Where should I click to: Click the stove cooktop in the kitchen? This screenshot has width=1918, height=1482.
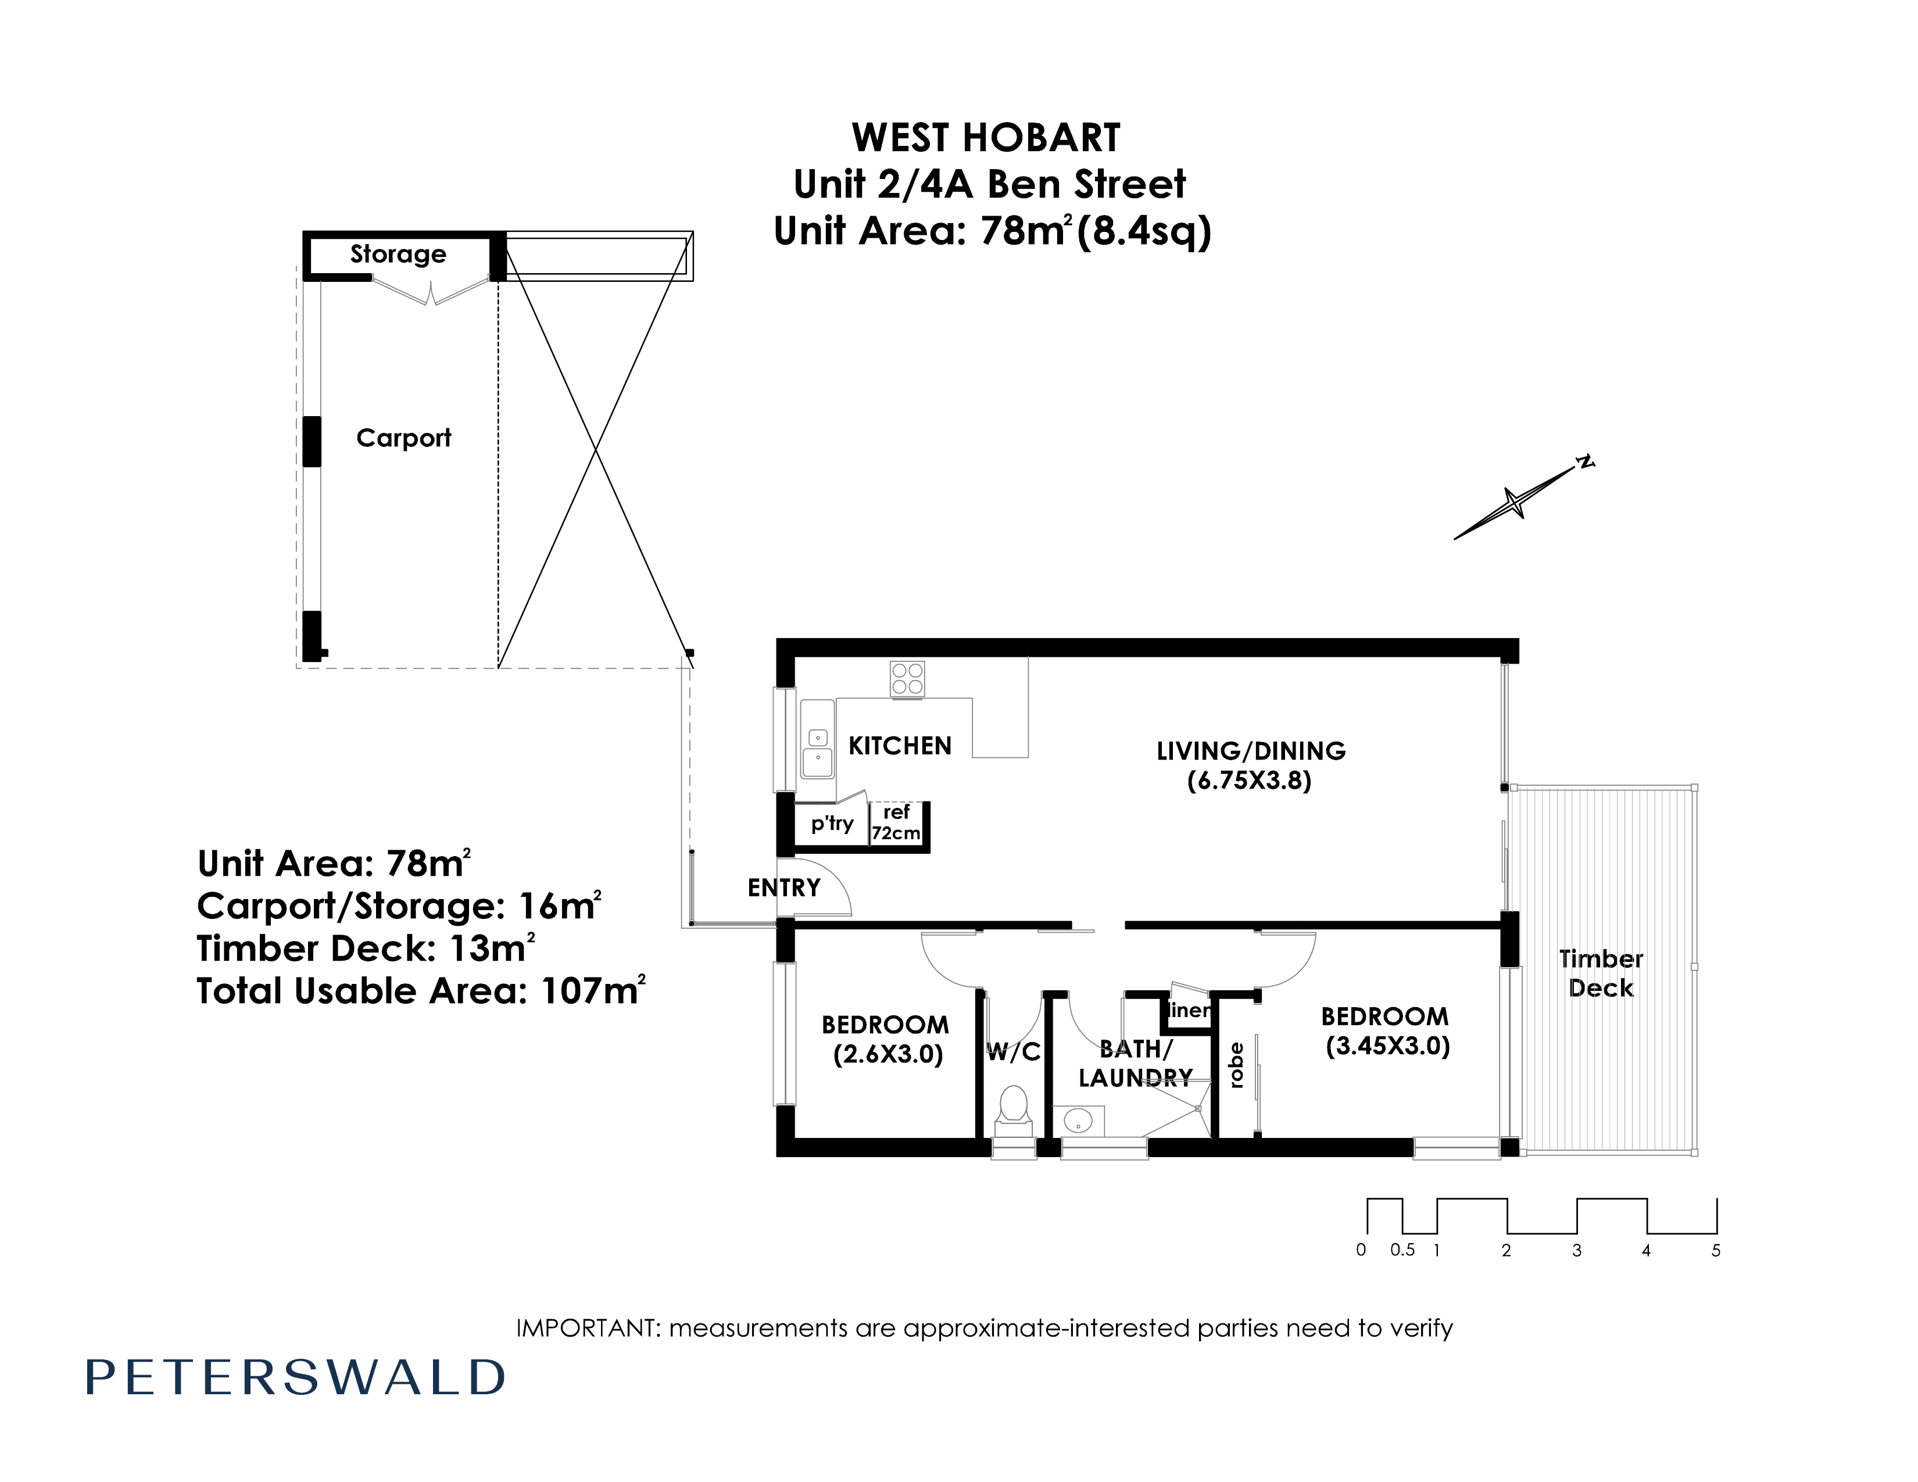click(907, 679)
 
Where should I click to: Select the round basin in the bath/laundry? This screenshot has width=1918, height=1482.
click(1078, 1121)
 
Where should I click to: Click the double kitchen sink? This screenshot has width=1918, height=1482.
click(818, 739)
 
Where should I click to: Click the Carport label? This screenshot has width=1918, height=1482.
click(403, 438)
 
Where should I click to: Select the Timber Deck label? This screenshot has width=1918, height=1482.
click(1601, 973)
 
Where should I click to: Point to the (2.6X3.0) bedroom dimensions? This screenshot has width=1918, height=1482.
click(888, 1054)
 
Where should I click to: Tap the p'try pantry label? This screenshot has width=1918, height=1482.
click(832, 824)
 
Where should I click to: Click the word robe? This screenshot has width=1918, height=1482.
click(1236, 1065)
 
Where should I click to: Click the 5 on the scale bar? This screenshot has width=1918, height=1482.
click(1716, 1250)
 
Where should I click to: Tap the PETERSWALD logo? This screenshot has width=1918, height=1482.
click(295, 1377)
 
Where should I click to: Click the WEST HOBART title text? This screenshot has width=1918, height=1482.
click(986, 138)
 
